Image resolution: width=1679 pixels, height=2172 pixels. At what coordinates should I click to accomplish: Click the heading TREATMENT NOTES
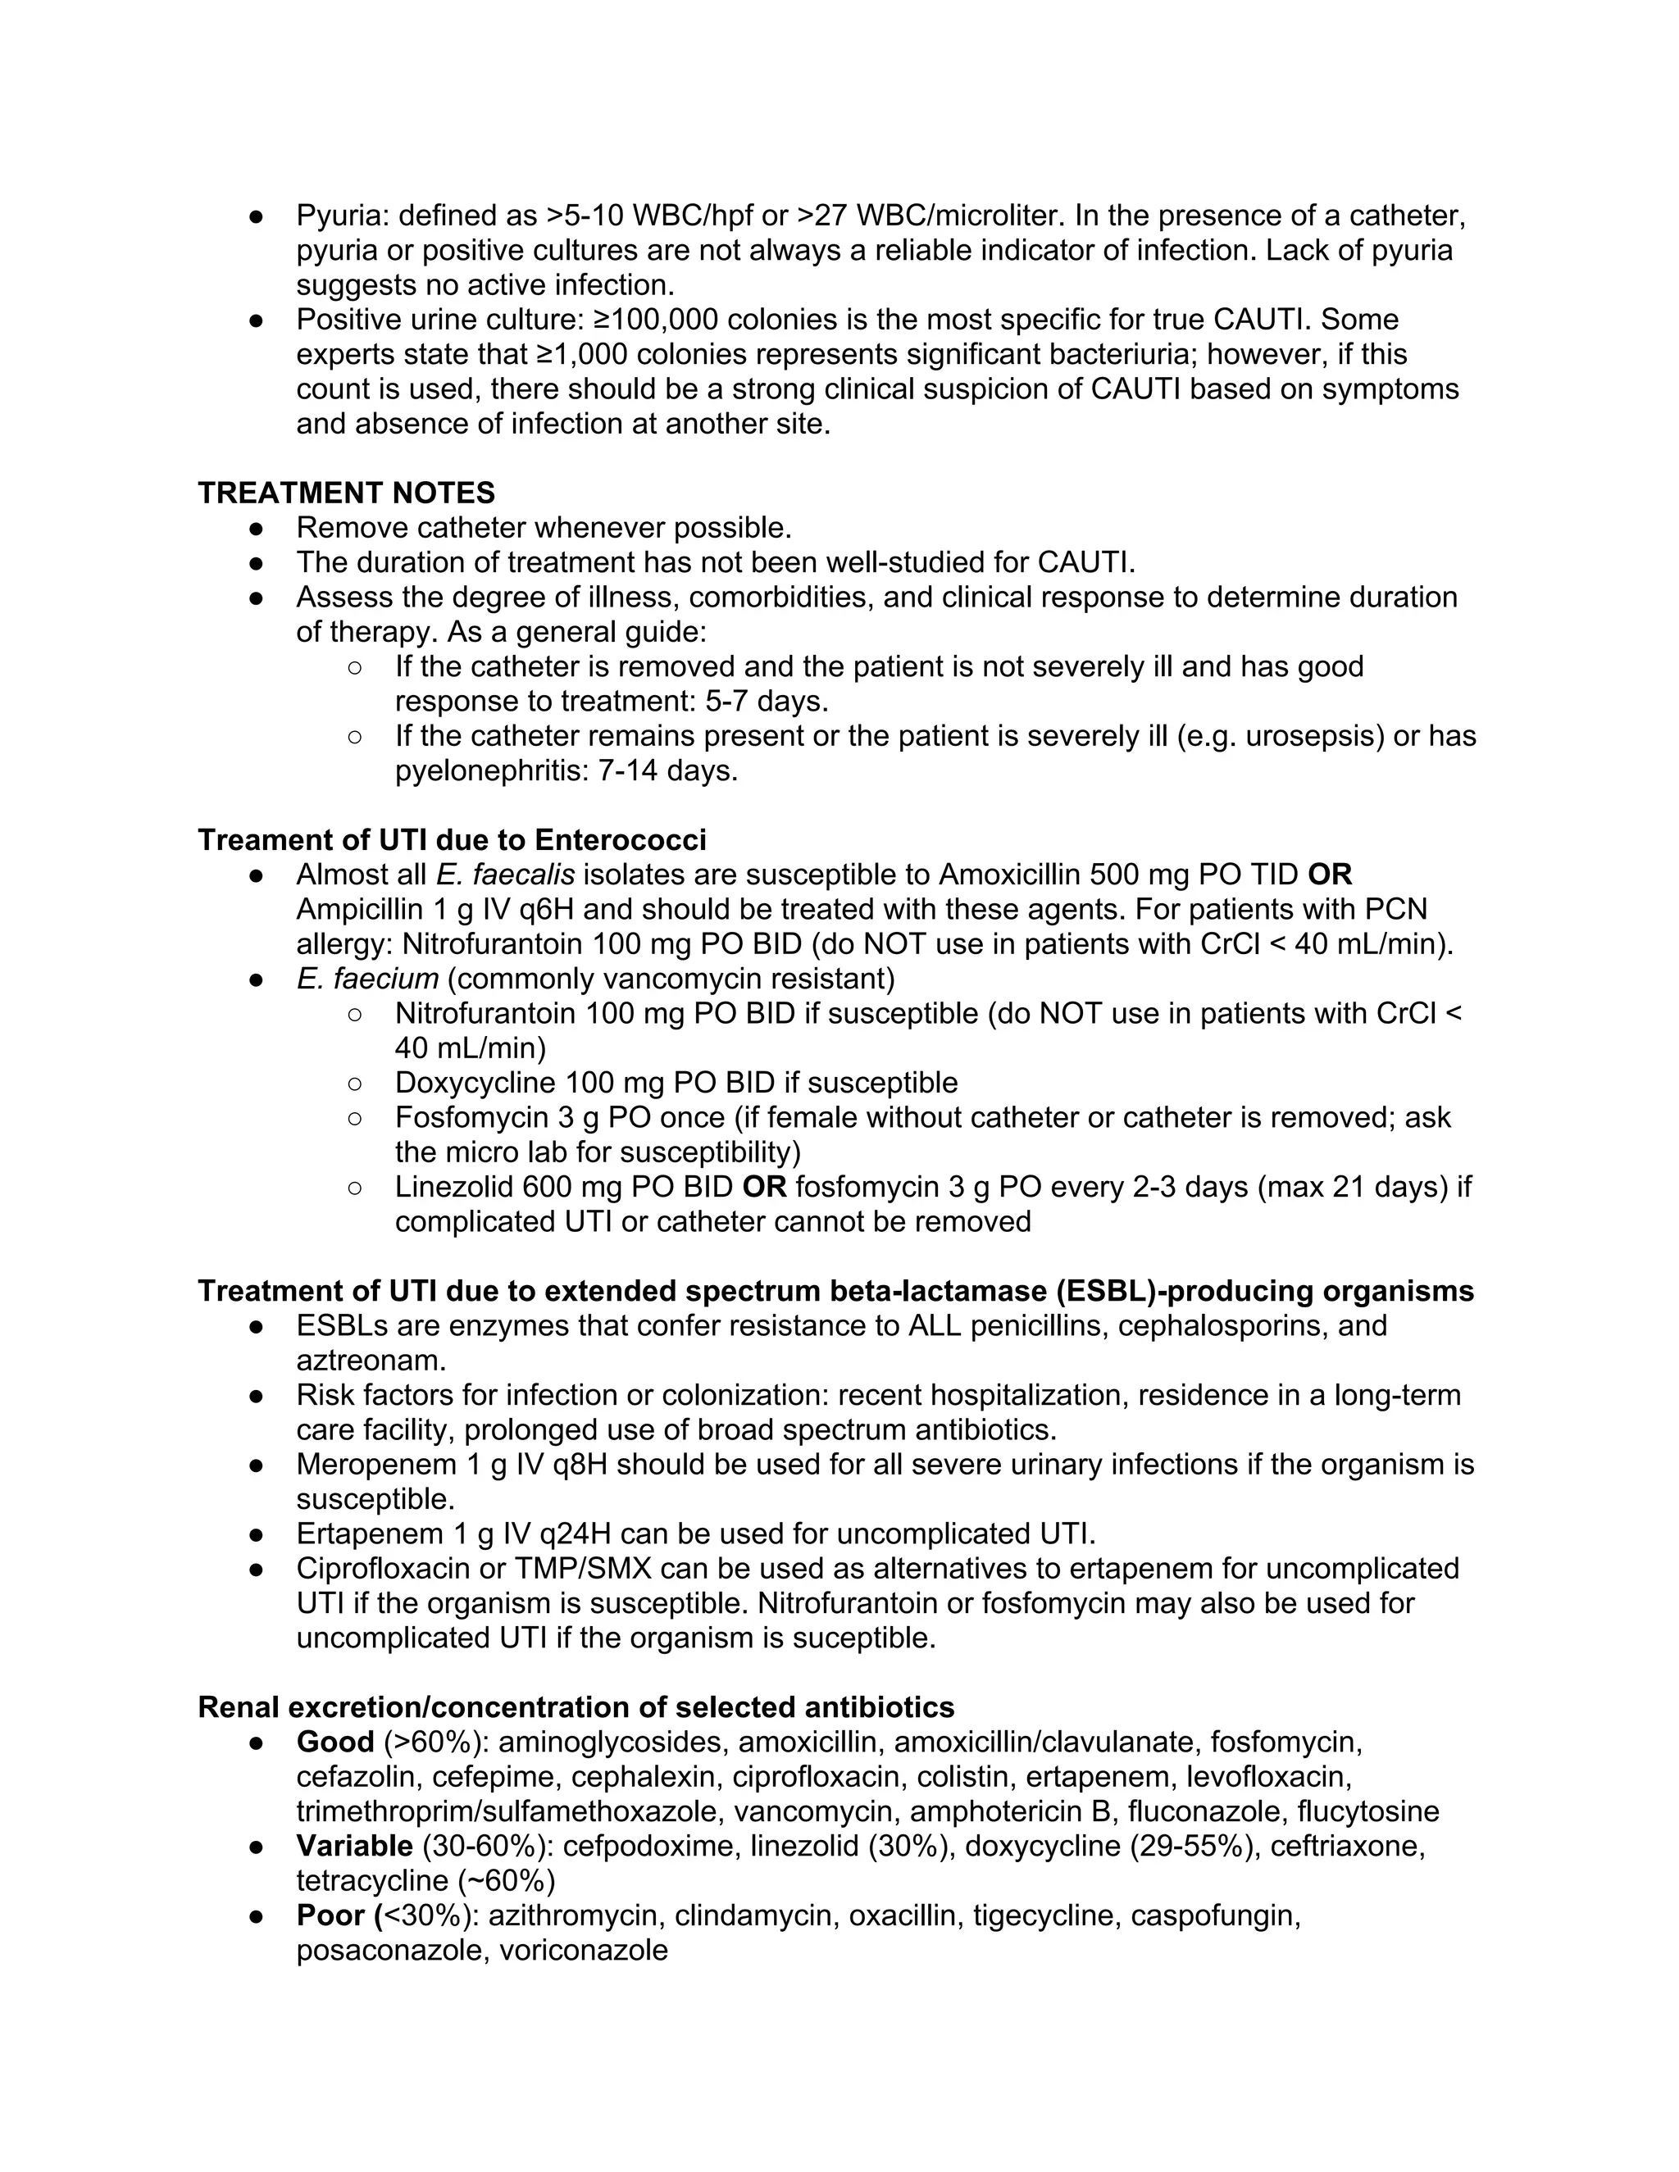coord(346,493)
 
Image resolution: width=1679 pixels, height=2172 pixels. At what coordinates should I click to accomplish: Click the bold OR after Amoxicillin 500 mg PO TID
coord(1330,875)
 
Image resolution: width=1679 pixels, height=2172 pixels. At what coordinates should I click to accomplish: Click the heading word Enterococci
coord(620,839)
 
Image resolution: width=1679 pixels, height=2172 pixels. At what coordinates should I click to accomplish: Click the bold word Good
coord(335,1742)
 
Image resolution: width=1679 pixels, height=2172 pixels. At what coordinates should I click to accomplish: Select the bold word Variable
coord(354,1846)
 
